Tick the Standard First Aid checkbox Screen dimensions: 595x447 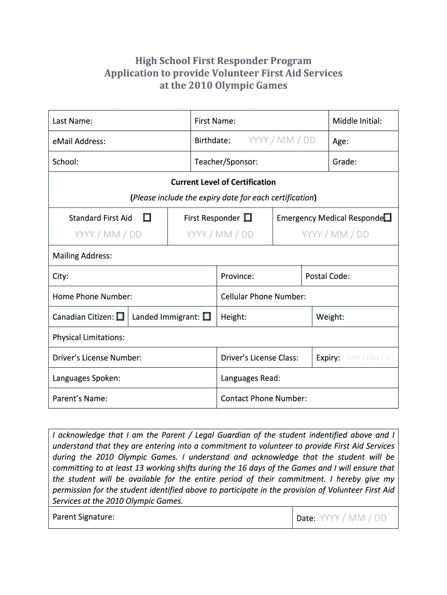(x=147, y=218)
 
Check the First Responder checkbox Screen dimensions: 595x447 (x=248, y=218)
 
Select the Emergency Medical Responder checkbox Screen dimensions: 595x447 (x=388, y=218)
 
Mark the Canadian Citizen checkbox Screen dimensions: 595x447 (x=120, y=317)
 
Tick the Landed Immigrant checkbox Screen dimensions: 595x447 (x=206, y=317)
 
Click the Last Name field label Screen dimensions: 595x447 (x=73, y=121)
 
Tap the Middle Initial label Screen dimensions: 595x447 (x=357, y=121)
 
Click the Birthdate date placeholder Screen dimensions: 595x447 (x=282, y=140)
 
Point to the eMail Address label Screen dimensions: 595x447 (x=79, y=141)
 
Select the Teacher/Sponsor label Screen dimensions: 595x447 (x=226, y=162)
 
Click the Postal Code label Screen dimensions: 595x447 (x=327, y=276)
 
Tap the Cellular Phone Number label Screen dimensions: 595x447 (x=263, y=296)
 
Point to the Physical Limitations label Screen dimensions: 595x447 (x=88, y=337)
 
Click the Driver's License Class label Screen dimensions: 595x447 (x=259, y=357)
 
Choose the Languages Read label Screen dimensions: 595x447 (x=250, y=378)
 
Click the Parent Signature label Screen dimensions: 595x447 (x=84, y=517)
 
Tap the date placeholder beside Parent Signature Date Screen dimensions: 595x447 (x=352, y=518)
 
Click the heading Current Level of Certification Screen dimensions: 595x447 (x=223, y=182)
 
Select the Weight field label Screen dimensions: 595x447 (x=330, y=317)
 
